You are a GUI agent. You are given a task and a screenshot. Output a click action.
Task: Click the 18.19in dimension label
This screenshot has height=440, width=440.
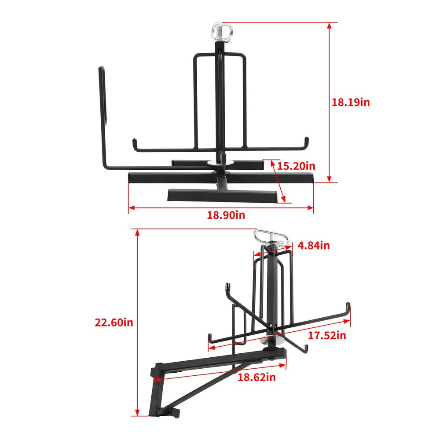[351, 103]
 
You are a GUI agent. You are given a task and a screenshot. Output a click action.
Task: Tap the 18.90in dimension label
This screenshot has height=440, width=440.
[226, 215]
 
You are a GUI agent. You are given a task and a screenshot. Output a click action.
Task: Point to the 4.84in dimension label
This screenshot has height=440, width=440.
[314, 246]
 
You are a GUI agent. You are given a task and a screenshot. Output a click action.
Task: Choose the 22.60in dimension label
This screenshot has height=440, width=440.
[114, 323]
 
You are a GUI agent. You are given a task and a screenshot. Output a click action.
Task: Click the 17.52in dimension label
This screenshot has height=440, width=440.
[327, 336]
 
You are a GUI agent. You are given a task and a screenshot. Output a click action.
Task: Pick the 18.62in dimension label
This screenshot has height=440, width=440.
[257, 377]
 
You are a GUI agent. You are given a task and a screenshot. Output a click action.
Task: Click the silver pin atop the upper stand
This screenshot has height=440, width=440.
[219, 30]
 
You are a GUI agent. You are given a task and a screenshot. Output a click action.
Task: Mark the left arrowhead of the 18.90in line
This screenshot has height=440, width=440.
[131, 207]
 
